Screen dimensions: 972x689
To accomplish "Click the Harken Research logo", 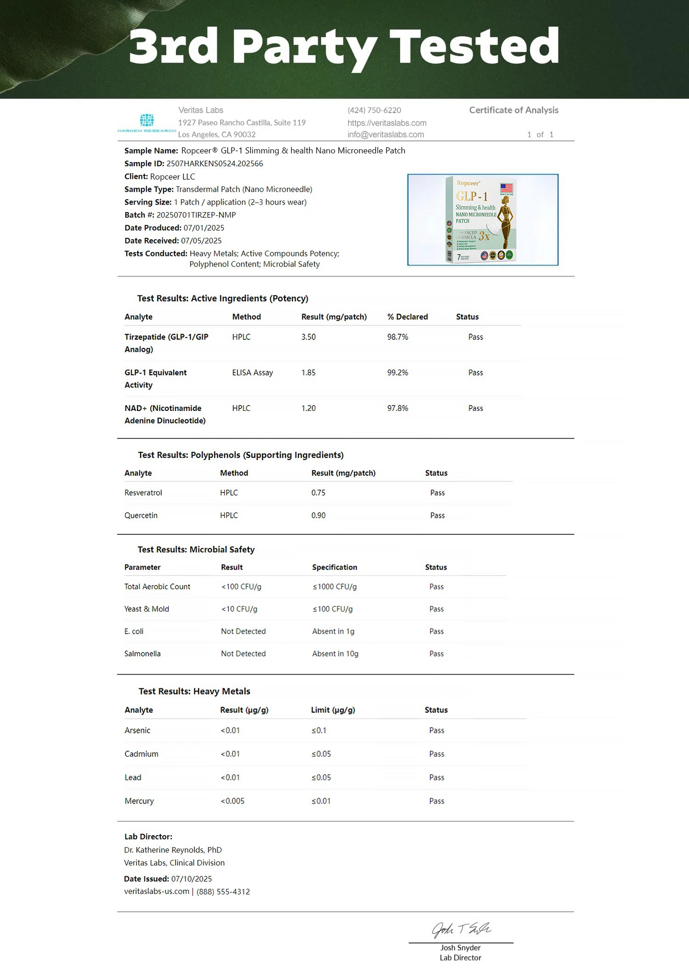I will click(x=147, y=123).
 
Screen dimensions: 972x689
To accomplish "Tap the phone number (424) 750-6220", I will click(x=374, y=110).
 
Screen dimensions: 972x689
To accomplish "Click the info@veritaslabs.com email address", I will click(x=385, y=134).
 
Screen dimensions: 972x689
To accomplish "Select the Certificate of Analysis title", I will click(x=514, y=110).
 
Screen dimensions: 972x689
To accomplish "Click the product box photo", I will click(x=483, y=220).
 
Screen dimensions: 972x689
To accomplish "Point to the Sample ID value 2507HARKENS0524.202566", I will click(x=215, y=164).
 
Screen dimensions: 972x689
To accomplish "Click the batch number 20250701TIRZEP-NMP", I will click(x=196, y=215).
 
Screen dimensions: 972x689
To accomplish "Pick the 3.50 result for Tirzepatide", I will click(x=309, y=337).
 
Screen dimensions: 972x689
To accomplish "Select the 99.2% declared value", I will click(x=398, y=373).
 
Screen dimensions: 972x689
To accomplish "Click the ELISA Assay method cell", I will click(x=252, y=373).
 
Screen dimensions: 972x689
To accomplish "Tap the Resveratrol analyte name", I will click(x=143, y=493).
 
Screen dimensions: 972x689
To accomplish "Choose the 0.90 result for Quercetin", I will click(x=318, y=515).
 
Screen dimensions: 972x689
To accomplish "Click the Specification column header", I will click(x=334, y=567).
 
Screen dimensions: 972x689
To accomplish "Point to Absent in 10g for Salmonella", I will click(x=335, y=654).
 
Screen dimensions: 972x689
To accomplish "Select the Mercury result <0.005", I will click(x=232, y=801).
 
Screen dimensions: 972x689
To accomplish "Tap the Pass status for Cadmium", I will click(x=436, y=754).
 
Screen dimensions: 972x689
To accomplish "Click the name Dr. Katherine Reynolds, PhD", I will click(x=173, y=849).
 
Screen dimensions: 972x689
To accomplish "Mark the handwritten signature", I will click(x=461, y=929).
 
